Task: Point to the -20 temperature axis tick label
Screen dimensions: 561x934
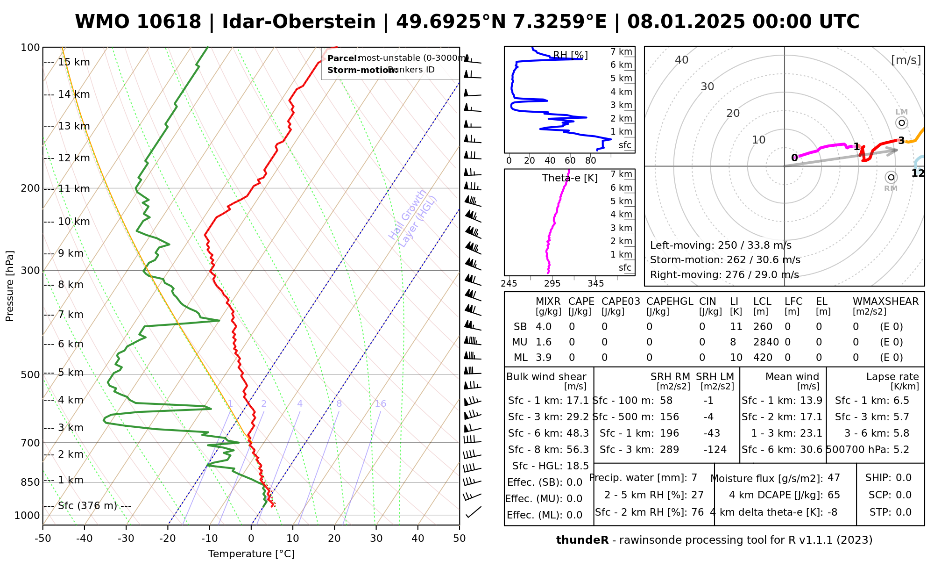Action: [x=168, y=539]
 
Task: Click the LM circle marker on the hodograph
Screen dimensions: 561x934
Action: [x=901, y=123]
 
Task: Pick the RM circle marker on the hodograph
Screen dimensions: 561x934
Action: [x=891, y=177]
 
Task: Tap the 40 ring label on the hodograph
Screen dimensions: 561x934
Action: [x=682, y=60]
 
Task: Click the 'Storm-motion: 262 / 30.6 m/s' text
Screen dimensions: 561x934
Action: [x=725, y=260]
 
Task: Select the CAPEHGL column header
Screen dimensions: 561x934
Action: [x=669, y=302]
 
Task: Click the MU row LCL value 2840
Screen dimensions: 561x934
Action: [x=766, y=342]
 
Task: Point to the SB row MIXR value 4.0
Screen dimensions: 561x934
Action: [x=544, y=327]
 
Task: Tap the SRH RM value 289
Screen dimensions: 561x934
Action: [x=669, y=450]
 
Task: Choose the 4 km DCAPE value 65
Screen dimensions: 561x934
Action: [x=834, y=495]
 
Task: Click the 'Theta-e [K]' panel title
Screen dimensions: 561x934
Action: [x=570, y=178]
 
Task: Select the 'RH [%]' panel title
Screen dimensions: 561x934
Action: [x=570, y=56]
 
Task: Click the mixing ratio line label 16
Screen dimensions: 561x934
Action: [x=381, y=404]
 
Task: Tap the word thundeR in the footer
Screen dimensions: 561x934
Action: [x=582, y=540]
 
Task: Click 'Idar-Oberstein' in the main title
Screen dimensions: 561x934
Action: [x=298, y=22]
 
